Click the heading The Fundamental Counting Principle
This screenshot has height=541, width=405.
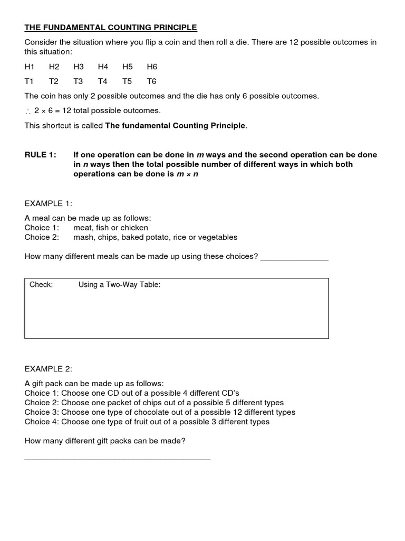pos(111,27)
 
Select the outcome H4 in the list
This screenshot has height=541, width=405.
pos(103,67)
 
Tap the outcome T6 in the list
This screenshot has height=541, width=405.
pos(151,81)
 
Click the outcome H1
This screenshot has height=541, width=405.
pos(30,67)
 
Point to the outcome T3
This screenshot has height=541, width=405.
pos(78,81)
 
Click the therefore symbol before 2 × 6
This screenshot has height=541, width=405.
pos(28,111)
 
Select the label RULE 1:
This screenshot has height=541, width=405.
pos(40,155)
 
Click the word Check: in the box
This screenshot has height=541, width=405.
pos(41,285)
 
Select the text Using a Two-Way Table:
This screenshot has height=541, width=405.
pos(119,285)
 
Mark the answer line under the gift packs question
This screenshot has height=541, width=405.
pos(117,459)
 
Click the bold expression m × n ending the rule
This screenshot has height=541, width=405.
pos(188,174)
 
